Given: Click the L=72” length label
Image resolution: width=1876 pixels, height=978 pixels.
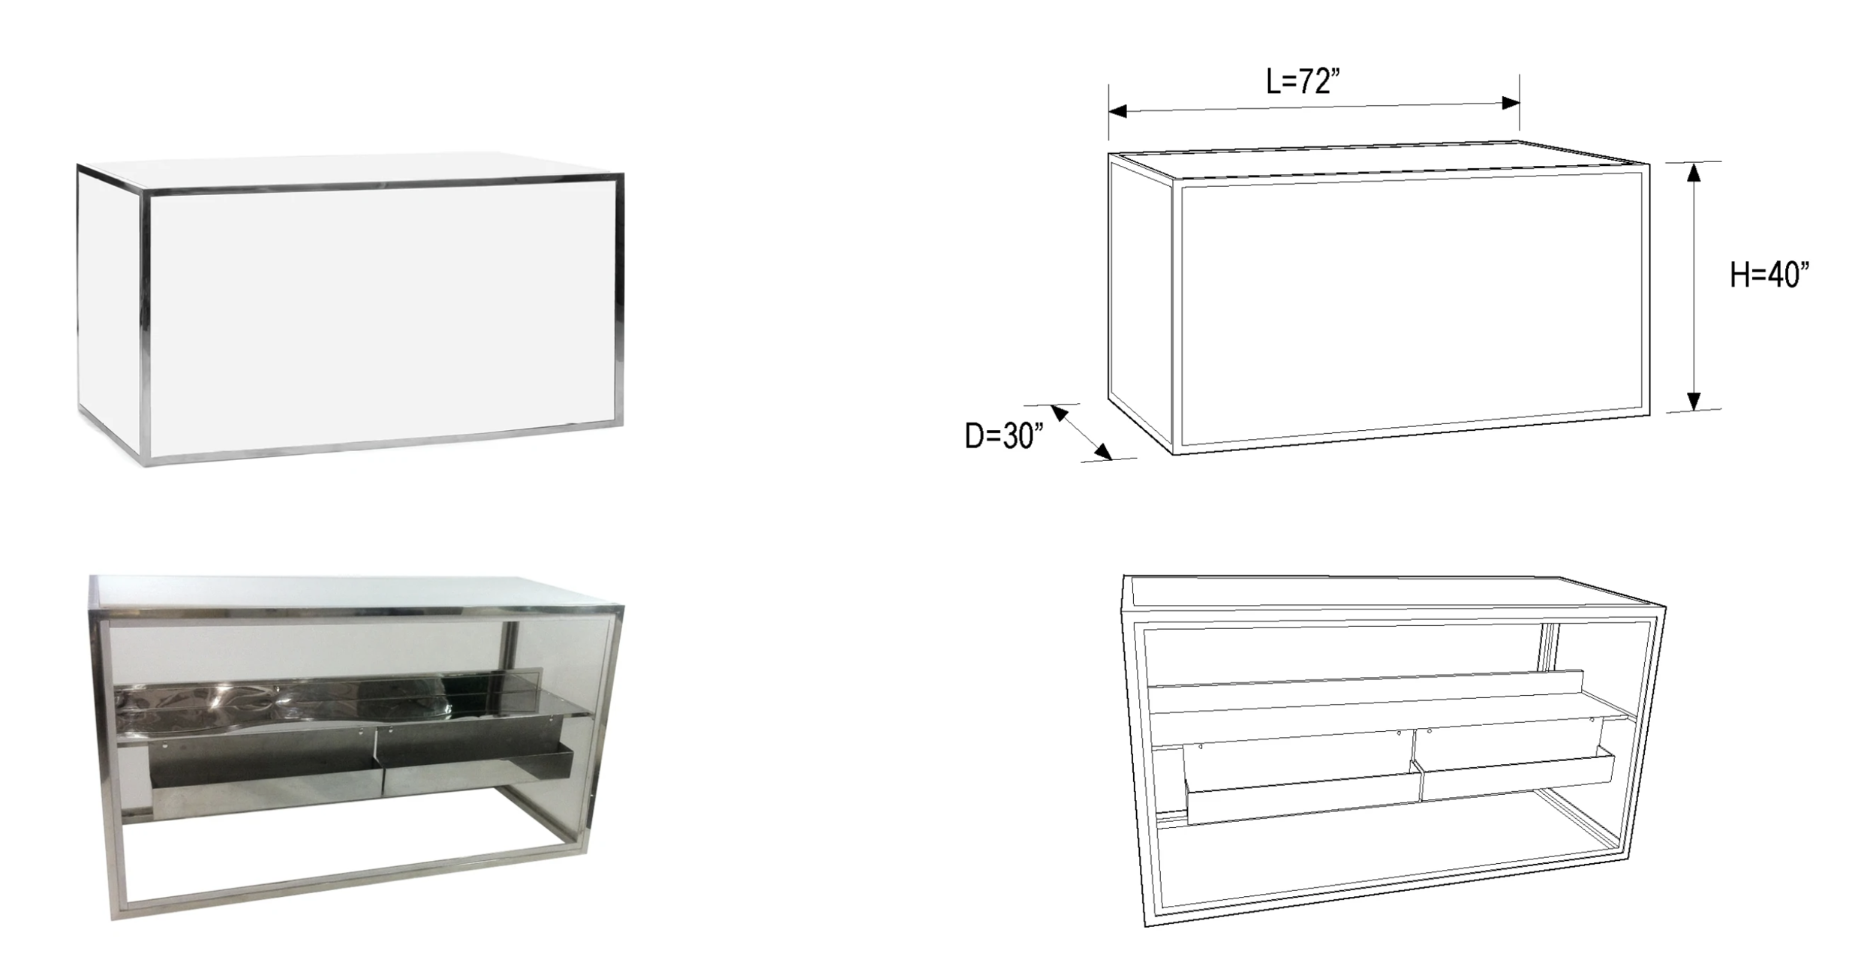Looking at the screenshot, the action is tap(1303, 81).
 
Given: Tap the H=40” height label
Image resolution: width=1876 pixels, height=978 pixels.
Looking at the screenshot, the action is tap(1769, 275).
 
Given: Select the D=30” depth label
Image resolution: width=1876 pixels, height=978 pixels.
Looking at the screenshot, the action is tap(1003, 435).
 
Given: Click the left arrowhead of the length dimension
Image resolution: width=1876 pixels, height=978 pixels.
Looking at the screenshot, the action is tap(1118, 112).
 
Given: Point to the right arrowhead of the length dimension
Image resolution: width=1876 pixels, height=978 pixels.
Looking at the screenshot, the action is tap(1511, 103).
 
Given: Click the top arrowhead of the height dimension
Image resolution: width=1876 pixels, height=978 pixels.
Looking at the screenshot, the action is tap(1694, 172).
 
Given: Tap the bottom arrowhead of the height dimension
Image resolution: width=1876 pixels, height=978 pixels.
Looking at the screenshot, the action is tap(1694, 401).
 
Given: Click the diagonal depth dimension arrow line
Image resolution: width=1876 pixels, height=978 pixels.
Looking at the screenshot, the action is tap(1081, 432).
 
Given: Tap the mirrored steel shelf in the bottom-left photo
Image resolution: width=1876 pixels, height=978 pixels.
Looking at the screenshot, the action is tap(345, 706).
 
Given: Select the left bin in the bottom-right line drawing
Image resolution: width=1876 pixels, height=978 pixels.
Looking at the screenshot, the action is tap(1301, 781).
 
